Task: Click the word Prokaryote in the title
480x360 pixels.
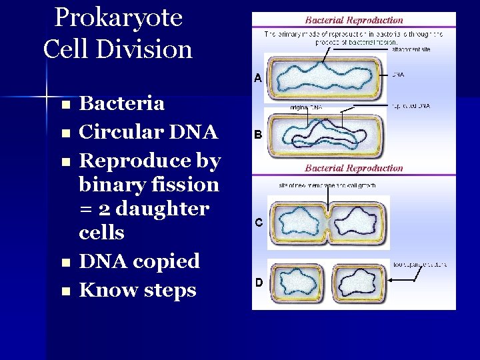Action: (x=118, y=18)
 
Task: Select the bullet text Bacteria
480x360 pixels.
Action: (x=122, y=103)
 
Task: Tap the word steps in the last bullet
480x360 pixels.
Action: (x=167, y=291)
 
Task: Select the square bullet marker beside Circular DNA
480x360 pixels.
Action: (x=65, y=133)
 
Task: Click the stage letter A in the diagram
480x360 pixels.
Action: (x=257, y=78)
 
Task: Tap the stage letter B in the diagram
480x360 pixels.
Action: (x=257, y=135)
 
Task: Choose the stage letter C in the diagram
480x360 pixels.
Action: (x=258, y=222)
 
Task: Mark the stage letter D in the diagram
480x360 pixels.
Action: (x=258, y=283)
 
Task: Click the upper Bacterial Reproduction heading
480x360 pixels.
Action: (x=354, y=21)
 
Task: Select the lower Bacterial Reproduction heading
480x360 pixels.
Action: (x=354, y=168)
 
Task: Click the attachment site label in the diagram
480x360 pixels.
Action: (x=411, y=49)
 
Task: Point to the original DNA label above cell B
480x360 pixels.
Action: (x=307, y=107)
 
